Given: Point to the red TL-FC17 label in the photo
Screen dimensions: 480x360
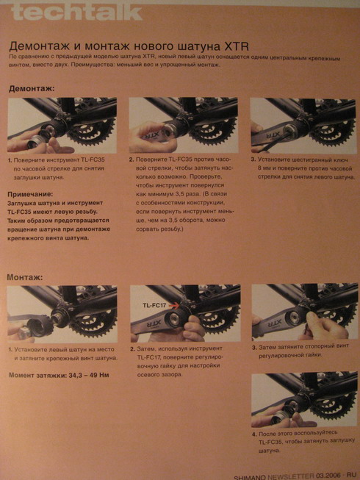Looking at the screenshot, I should [x=155, y=304].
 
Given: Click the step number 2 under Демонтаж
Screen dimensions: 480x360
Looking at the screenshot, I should [x=132, y=159].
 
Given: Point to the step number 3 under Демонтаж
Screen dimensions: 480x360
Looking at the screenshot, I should [x=253, y=159].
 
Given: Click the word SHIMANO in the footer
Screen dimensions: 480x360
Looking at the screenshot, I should [x=251, y=476].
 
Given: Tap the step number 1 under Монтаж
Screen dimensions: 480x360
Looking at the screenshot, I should [x=10, y=351].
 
